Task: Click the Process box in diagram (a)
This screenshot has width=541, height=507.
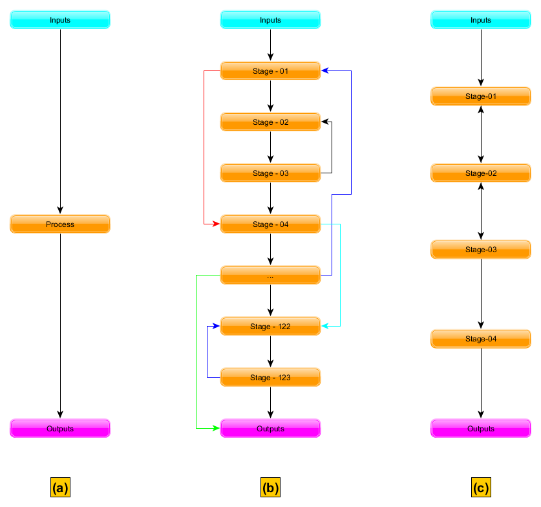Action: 60,224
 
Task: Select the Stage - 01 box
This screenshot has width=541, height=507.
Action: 270,71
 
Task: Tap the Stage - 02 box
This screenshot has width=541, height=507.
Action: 270,122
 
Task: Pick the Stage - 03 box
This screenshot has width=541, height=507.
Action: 270,173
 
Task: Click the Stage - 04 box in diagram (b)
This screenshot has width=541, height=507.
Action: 270,224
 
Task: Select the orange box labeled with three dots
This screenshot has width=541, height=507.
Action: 270,275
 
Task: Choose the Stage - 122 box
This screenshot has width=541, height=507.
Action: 270,327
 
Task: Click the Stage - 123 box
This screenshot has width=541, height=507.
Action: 270,378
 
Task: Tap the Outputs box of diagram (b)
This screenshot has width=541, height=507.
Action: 270,429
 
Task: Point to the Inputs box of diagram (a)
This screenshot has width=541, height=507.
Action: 60,20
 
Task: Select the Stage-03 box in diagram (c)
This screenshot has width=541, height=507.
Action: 481,250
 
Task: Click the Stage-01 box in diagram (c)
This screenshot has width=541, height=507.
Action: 481,96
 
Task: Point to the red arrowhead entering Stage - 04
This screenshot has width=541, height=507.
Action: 217,224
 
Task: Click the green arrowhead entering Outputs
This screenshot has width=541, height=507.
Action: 217,428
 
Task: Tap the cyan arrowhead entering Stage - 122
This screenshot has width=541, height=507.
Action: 325,327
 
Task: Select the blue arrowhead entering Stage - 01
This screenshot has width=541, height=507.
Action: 325,71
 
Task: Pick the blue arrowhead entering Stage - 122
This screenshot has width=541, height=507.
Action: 217,327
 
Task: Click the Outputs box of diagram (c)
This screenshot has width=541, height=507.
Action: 481,429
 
